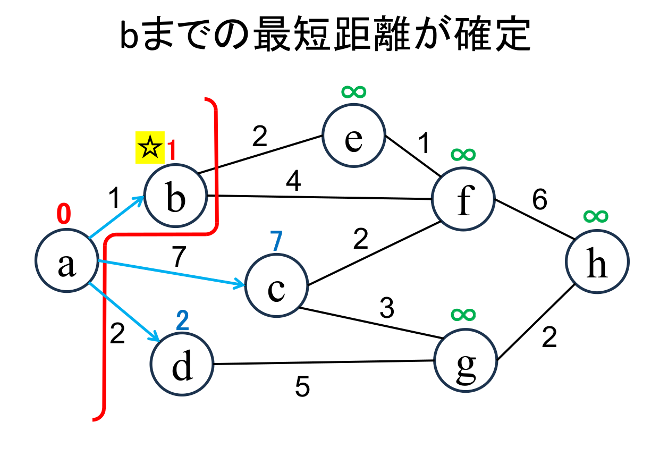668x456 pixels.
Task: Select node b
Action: pos(176,197)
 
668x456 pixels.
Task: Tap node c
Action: pos(276,287)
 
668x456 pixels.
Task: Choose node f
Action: pos(463,199)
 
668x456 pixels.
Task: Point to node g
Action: pos(466,359)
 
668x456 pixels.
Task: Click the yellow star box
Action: pos(150,147)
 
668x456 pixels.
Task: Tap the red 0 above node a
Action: pos(63,214)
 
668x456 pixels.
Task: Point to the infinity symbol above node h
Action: pos(595,215)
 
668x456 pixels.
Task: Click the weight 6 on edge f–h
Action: pos(539,200)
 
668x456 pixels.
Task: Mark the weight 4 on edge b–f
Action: pos(293,182)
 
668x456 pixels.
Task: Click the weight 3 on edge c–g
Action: pos(386,308)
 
